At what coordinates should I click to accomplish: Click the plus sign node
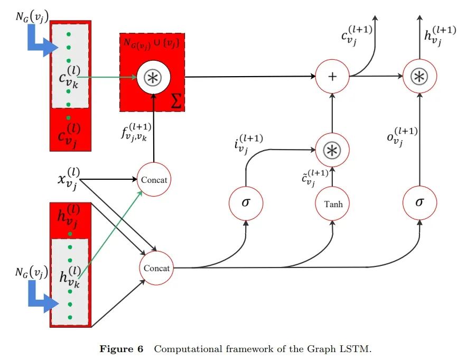332,77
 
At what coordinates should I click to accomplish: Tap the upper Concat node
154,180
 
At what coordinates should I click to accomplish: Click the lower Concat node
156,268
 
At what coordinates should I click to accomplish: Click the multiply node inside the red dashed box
153,77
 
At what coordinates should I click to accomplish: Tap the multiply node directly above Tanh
332,149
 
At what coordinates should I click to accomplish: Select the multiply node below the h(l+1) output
420,77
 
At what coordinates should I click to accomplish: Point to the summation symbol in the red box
177,101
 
